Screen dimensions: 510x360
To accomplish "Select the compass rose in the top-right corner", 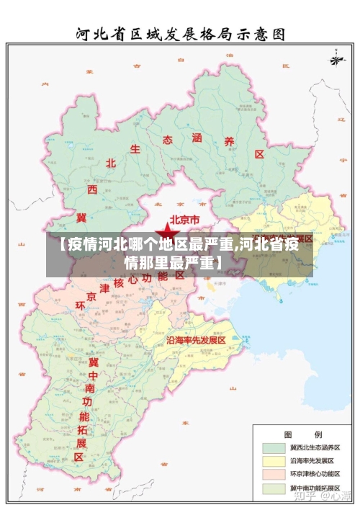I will (x=336, y=57).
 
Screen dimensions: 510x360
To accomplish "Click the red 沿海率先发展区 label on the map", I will (x=197, y=339).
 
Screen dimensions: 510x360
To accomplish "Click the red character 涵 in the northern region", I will (x=197, y=137).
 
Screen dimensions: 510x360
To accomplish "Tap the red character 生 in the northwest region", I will (x=135, y=149).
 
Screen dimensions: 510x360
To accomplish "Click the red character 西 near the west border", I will (x=92, y=189).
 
